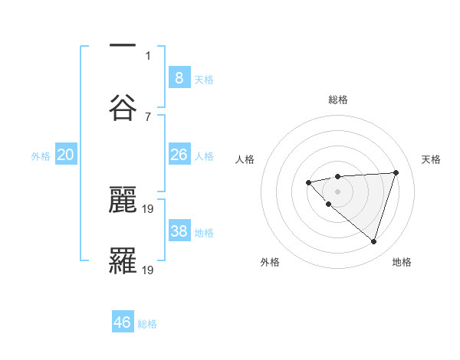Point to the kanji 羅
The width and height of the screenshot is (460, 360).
tap(123, 260)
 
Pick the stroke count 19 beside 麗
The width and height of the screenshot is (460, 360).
tap(149, 208)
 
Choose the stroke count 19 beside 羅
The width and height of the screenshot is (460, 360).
tap(149, 270)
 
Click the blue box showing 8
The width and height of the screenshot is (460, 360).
tap(179, 77)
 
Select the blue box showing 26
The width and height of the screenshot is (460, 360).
tap(179, 155)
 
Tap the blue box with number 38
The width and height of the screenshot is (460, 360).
tap(179, 231)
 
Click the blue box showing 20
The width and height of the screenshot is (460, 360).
tap(66, 155)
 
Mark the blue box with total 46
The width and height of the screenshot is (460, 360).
tap(123, 322)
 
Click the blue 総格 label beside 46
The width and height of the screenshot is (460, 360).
tap(147, 324)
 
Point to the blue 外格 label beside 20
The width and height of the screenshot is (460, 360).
tap(41, 156)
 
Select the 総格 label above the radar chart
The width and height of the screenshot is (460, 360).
tap(337, 100)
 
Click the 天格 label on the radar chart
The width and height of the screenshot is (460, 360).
tap(431, 159)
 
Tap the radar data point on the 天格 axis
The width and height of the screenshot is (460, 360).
tap(396, 172)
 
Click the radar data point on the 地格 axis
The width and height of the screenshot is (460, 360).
tap(373, 241)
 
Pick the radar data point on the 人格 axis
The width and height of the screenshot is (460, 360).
tap(308, 182)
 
